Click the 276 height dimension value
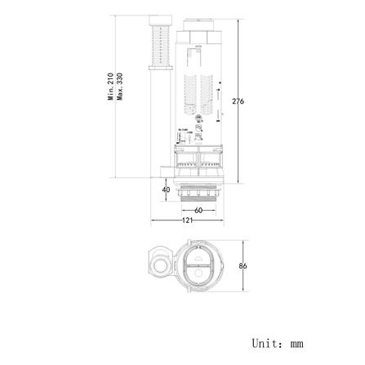238,101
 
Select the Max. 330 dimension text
120,86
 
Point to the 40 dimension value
166,190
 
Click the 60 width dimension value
198,210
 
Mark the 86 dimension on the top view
243,266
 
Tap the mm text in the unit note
296,344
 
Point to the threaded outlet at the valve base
199,195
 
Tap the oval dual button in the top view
198,265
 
